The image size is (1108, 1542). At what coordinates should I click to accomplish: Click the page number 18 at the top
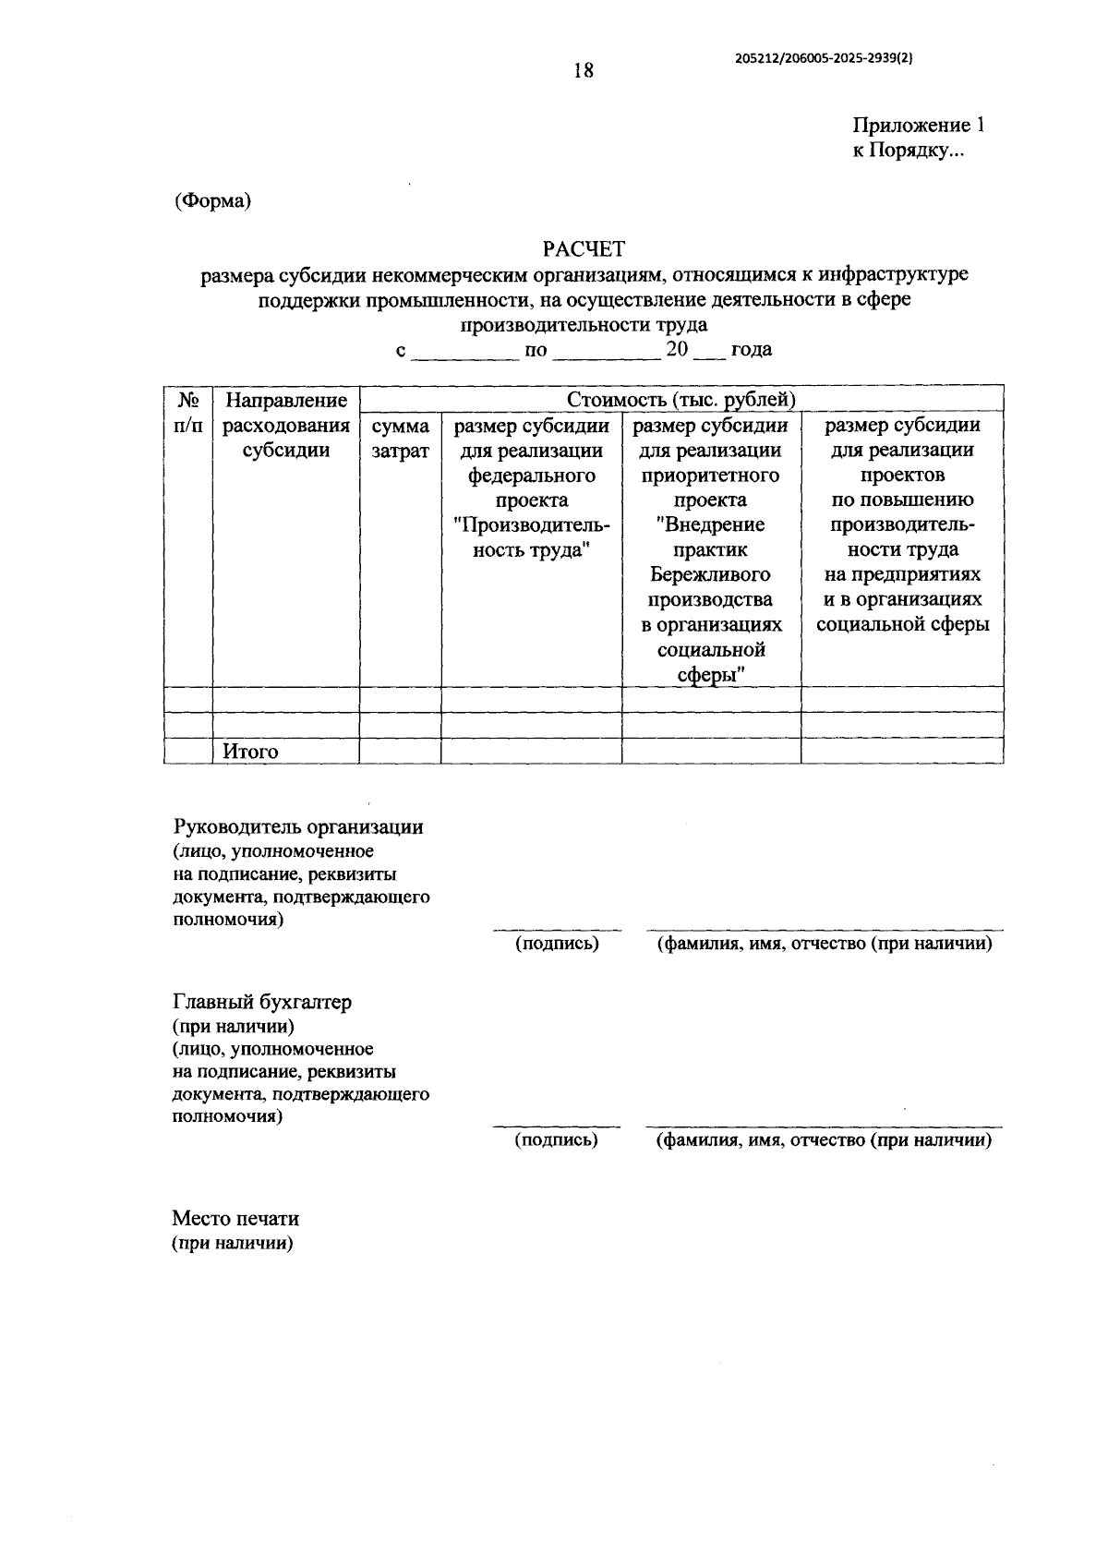coord(583,70)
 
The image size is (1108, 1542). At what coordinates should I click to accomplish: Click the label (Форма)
coord(212,200)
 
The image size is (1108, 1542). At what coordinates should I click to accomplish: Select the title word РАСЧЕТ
coord(584,249)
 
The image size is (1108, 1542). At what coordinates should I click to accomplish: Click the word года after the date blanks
coord(751,350)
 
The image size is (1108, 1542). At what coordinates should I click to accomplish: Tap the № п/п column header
coord(188,413)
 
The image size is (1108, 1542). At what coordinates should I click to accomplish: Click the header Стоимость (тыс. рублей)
coord(681,400)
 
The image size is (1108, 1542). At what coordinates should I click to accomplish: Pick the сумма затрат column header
coord(400,439)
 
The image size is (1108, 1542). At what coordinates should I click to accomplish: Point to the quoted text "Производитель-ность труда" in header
coord(531,537)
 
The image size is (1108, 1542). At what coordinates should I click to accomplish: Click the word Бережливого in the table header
coord(711,575)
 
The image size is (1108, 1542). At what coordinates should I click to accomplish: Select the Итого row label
coord(250,752)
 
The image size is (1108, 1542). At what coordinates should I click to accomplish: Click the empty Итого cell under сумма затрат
coord(400,752)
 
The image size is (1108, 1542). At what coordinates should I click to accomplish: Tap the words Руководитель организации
coord(298,826)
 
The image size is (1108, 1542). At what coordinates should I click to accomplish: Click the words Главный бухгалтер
coord(262,1002)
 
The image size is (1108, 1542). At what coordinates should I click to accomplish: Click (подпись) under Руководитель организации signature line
coord(557,943)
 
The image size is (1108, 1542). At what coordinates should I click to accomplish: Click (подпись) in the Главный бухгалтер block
coord(556,1139)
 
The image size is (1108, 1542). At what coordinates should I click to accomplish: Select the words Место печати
coord(235,1219)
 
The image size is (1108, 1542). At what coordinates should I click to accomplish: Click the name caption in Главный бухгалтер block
coord(824,1139)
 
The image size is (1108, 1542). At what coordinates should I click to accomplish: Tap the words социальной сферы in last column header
coord(903,625)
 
